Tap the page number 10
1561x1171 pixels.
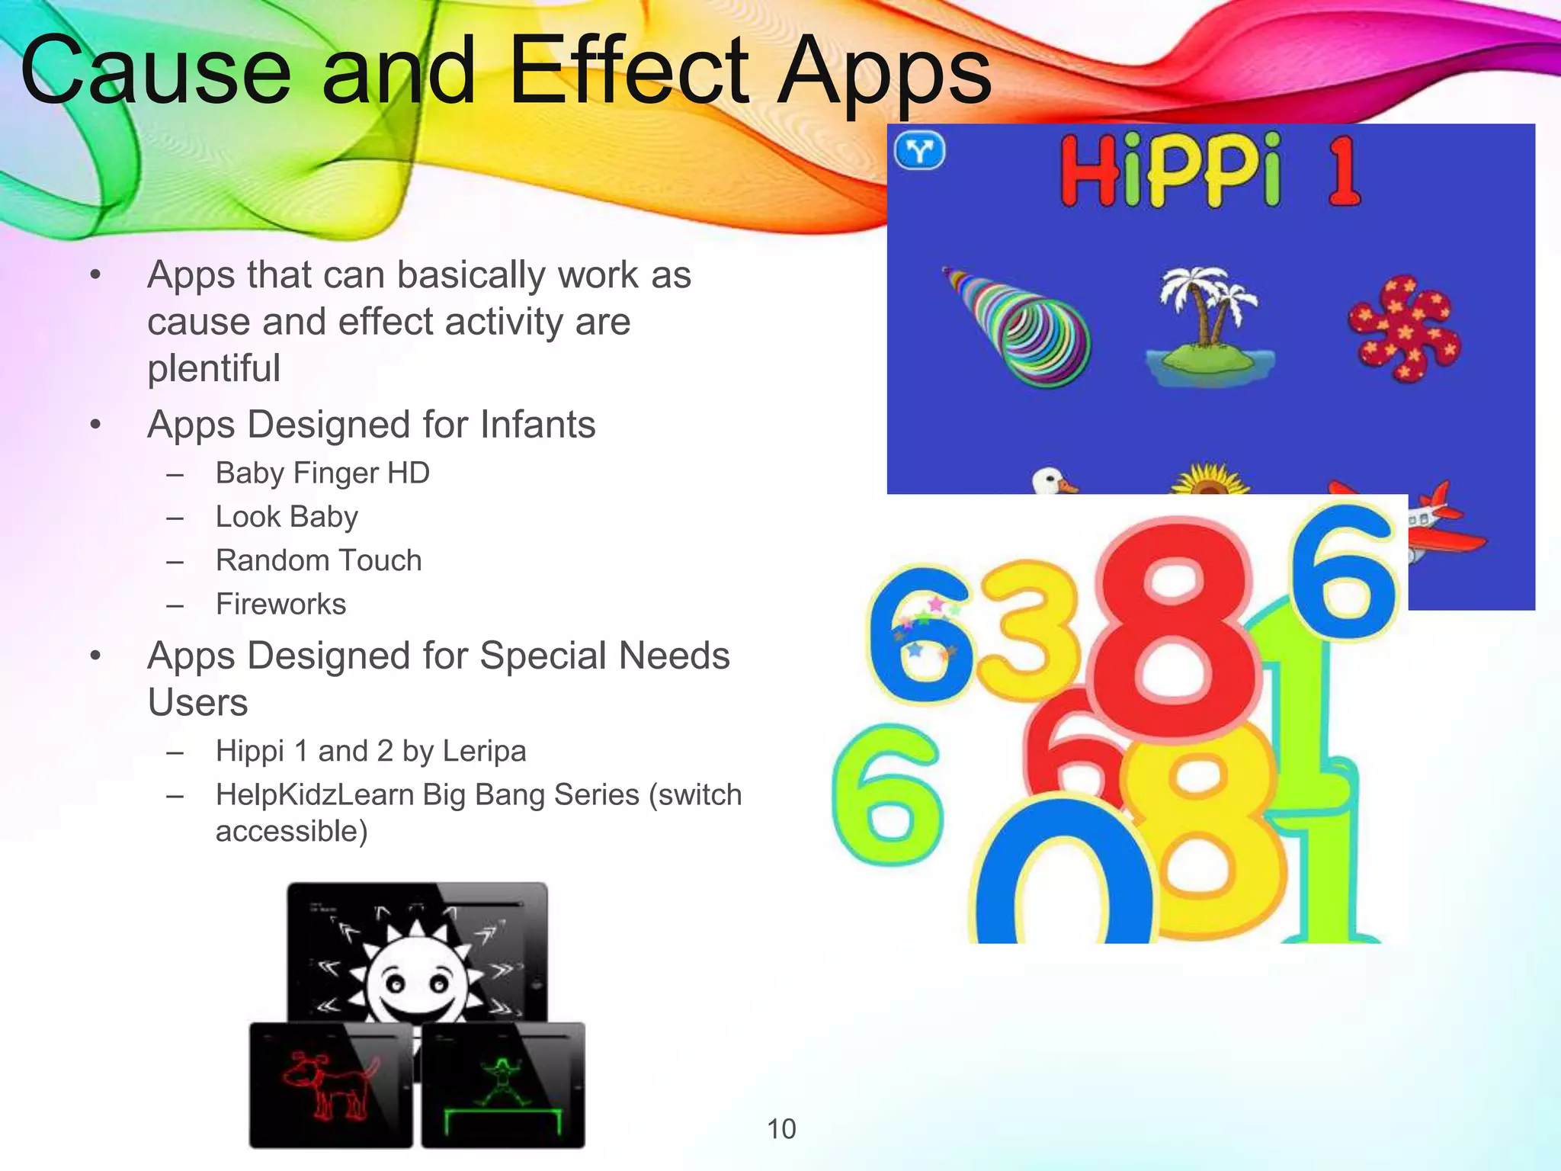781,1129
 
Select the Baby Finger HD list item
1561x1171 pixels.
322,473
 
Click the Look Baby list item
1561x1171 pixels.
287,517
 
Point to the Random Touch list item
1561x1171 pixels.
319,560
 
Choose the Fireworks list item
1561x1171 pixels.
280,604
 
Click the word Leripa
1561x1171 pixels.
484,751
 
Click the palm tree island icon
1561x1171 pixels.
1208,328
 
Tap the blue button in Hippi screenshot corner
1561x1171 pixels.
919,150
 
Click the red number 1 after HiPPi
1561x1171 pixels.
1343,172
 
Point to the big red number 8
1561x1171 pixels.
1170,633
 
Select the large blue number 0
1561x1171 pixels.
1063,877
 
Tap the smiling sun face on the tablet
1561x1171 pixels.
415,983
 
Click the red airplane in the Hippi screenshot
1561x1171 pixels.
1441,526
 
